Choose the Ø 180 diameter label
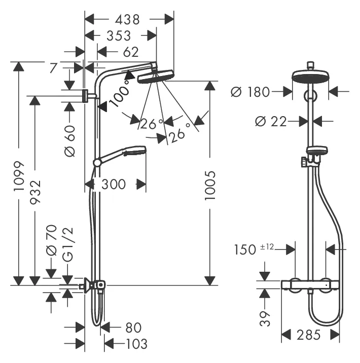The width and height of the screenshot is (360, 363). click(250, 92)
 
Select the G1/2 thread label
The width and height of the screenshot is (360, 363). click(67, 244)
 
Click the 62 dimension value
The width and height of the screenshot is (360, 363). click(130, 52)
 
